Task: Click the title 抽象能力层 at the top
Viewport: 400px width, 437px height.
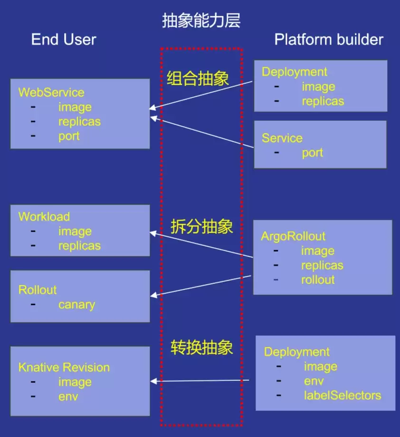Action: pyautogui.click(x=201, y=20)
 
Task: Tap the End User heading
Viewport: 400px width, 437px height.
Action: pyautogui.click(x=64, y=39)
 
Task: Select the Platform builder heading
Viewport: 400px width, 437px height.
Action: pyautogui.click(x=329, y=39)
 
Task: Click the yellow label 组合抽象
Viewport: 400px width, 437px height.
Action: pyautogui.click(x=198, y=78)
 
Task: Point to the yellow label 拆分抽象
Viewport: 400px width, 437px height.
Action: pyautogui.click(x=201, y=226)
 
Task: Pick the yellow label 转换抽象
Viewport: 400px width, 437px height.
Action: pyautogui.click(x=201, y=347)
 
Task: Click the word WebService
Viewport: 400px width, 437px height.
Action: pyautogui.click(x=51, y=92)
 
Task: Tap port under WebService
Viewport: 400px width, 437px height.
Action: pyautogui.click(x=69, y=136)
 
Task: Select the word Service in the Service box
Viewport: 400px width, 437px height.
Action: pyautogui.click(x=282, y=138)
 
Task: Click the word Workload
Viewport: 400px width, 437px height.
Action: pyautogui.click(x=44, y=216)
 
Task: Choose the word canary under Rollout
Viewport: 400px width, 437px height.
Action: pyautogui.click(x=76, y=305)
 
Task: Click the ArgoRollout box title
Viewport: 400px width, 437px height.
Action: pyautogui.click(x=293, y=236)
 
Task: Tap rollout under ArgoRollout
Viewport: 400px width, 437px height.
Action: pyautogui.click(x=318, y=280)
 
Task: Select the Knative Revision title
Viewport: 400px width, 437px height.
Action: pyautogui.click(x=64, y=367)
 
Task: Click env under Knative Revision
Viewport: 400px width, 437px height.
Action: pyautogui.click(x=68, y=397)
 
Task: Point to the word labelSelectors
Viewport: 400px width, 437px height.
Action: pyautogui.click(x=343, y=395)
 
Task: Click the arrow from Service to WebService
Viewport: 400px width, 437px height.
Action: pyautogui.click(x=202, y=132)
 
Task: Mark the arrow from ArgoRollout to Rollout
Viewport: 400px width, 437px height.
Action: pyautogui.click(x=200, y=286)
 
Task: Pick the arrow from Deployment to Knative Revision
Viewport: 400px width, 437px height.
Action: pyautogui.click(x=200, y=381)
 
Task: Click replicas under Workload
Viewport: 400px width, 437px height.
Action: pyautogui.click(x=79, y=246)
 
